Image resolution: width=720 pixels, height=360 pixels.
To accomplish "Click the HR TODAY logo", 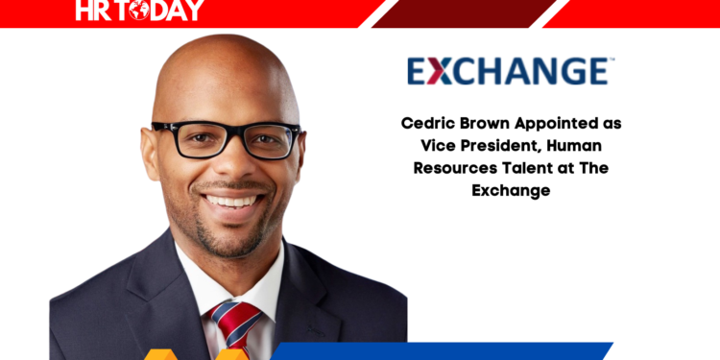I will (x=139, y=11).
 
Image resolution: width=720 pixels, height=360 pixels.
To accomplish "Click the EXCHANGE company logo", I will (x=506, y=72).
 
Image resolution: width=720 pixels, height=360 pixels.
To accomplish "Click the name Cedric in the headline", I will (x=426, y=125).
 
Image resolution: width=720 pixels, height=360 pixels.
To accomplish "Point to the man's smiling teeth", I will (x=230, y=201).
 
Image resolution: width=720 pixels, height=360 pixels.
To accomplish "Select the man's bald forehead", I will (x=224, y=82).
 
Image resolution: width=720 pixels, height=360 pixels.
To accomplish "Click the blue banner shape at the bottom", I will (x=499, y=351).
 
